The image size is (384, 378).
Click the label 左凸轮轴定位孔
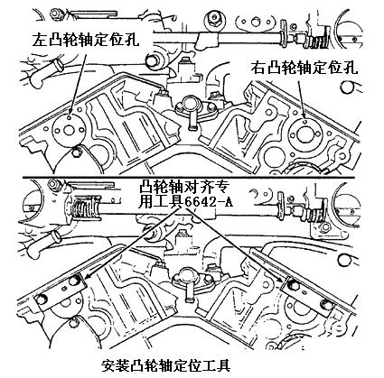[86, 39]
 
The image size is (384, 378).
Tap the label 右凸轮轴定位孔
[304, 68]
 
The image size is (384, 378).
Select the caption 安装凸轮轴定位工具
[166, 365]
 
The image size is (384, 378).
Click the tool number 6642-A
[209, 201]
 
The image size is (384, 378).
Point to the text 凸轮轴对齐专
[184, 188]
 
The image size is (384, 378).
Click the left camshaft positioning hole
[70, 118]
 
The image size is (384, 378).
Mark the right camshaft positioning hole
[304, 122]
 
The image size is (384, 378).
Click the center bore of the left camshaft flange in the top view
[69, 131]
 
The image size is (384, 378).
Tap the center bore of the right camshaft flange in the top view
[304, 135]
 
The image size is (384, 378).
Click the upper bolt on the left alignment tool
[74, 281]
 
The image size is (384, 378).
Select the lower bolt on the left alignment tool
[42, 299]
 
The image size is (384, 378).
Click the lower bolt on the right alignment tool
[325, 304]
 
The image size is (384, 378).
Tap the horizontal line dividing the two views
[192, 177]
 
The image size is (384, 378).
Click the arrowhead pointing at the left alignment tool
[86, 276]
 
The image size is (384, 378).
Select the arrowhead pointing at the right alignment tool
[281, 279]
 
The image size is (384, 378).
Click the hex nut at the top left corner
[56, 14]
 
